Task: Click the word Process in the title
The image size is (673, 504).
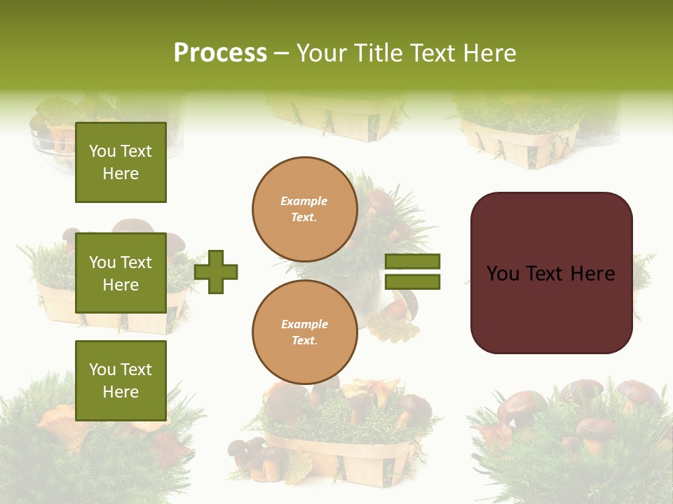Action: coord(220,53)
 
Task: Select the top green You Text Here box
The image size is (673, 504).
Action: coord(121,162)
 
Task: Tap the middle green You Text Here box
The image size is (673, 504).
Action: coord(121,273)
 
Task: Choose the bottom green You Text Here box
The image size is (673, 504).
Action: coord(121,380)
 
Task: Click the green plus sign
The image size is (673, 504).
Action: coord(216,272)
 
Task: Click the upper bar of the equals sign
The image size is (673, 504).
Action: coord(412,262)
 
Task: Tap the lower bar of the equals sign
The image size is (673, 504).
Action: coord(412,281)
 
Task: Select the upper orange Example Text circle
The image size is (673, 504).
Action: coord(304,209)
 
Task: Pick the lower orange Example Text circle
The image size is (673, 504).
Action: coord(304,332)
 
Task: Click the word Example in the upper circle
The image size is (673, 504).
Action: coord(304,201)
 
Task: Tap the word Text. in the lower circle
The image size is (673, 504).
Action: coord(304,341)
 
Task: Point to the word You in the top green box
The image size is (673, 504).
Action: coord(102,151)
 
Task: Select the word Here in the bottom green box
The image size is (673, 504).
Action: coord(121,392)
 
